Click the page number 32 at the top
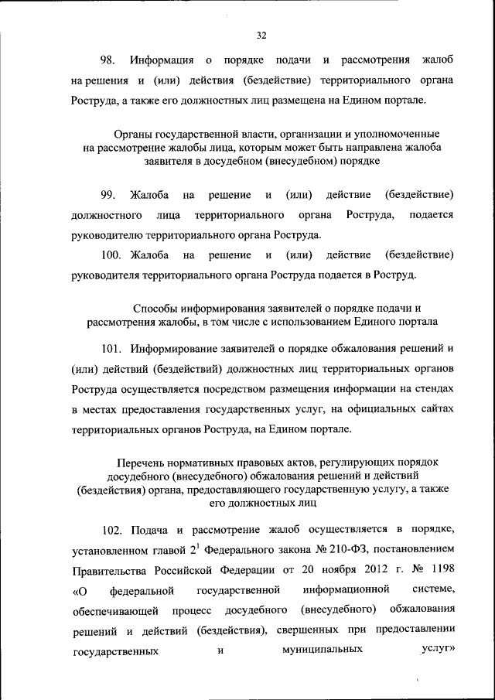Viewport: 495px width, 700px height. pos(261,35)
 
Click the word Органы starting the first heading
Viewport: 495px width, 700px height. pos(131,135)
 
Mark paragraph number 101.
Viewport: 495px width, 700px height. pos(112,346)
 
